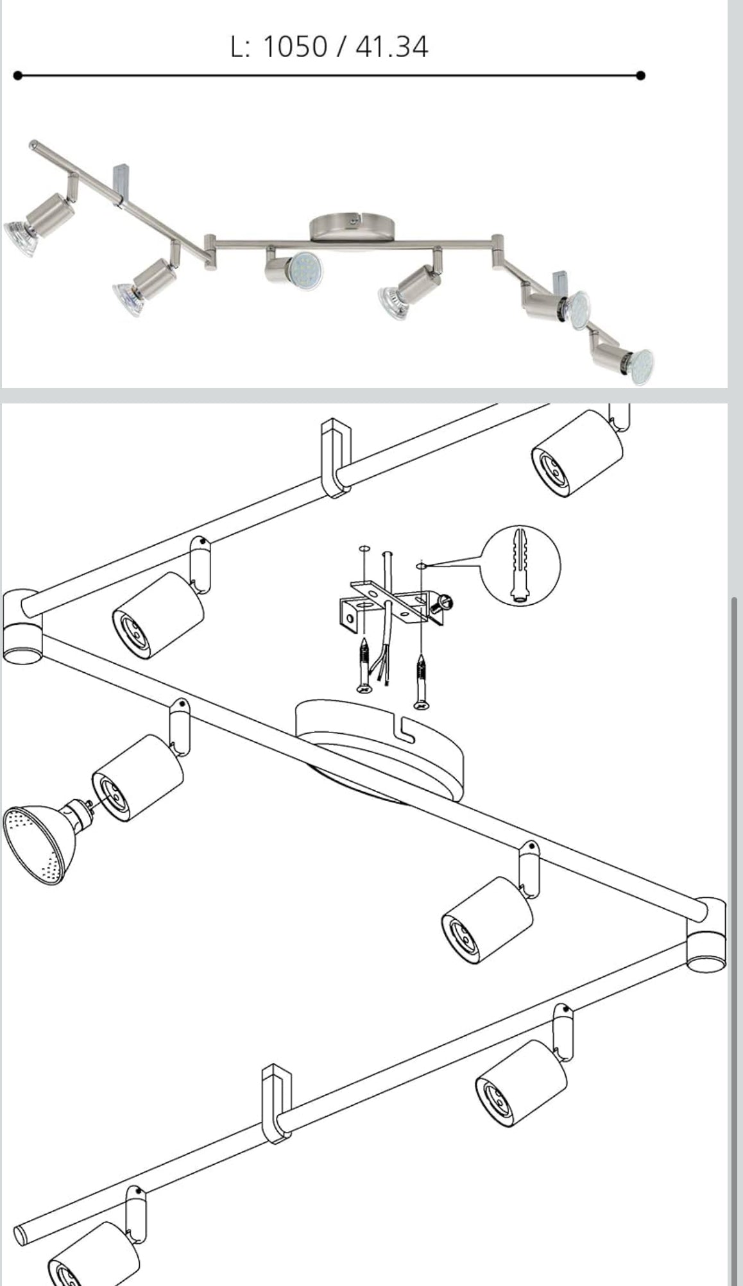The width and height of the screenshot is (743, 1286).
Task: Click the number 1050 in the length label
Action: click(x=295, y=47)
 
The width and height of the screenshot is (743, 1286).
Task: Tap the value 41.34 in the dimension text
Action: click(x=391, y=47)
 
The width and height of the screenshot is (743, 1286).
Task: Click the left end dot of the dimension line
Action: click(x=17, y=76)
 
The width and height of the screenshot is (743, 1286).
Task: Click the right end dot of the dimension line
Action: click(x=640, y=76)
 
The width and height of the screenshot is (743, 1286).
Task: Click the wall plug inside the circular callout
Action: click(x=520, y=564)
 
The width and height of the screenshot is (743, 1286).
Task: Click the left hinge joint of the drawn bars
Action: click(x=21, y=625)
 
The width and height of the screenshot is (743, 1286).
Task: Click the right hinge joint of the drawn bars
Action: click(x=707, y=933)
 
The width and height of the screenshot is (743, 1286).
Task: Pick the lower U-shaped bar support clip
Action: click(x=277, y=1103)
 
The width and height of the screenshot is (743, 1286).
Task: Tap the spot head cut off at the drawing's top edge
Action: click(x=576, y=452)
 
